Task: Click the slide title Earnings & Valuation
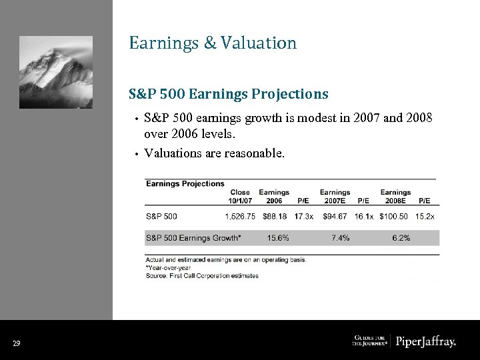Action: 213,43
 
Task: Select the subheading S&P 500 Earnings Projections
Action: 229,94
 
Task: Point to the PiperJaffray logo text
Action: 426,342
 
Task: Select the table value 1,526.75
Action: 240,216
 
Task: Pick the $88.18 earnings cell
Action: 274,216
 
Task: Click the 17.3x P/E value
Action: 303,216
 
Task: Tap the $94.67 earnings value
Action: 335,216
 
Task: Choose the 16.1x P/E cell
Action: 364,216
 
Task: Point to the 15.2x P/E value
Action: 425,216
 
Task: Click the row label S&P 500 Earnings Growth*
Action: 193,238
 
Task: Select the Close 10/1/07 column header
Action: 240,197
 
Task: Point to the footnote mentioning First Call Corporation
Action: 202,276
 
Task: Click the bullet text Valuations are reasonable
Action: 214,153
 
